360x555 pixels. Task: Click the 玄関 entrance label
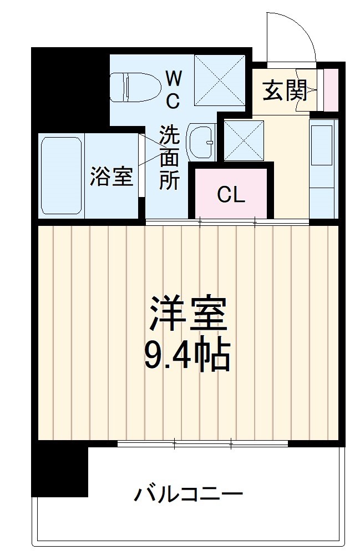coord(285,90)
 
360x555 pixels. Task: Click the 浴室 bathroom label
coord(111,176)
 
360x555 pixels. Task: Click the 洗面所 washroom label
coord(169,158)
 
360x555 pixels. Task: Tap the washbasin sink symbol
coord(200,143)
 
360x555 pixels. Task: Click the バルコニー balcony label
coord(188,492)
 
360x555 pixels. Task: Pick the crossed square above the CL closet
coord(244,141)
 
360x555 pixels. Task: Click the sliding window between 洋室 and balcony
coord(202,443)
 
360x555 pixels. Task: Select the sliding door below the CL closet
coord(227,222)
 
